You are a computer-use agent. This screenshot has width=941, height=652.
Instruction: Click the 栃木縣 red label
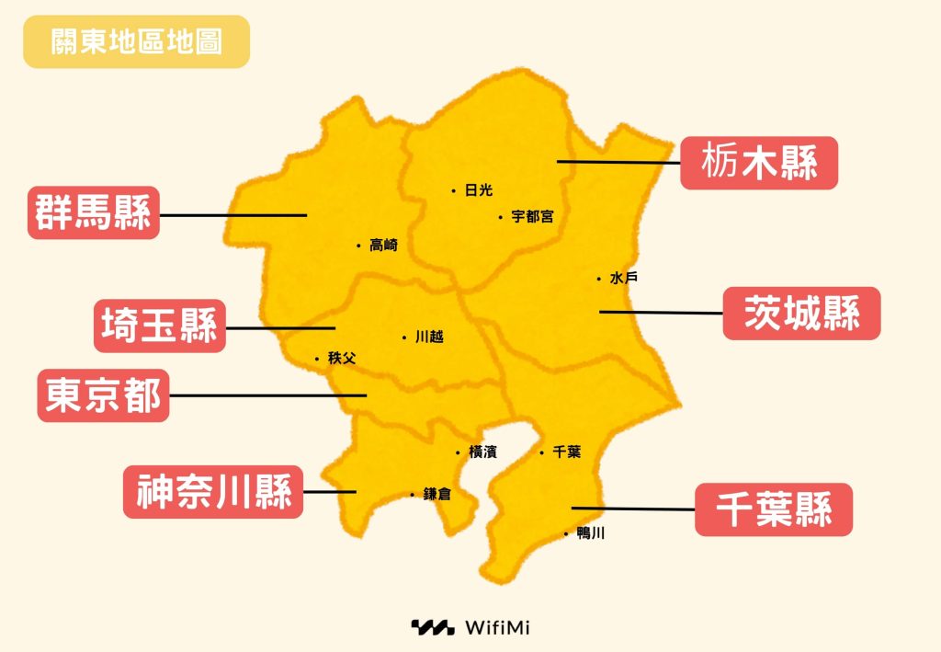click(x=758, y=163)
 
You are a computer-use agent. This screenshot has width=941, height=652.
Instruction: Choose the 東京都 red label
click(x=103, y=395)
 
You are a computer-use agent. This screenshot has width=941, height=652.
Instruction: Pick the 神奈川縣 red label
click(x=213, y=492)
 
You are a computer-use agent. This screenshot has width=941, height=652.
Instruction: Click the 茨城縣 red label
click(x=801, y=314)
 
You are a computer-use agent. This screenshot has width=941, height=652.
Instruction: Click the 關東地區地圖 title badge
click(x=136, y=41)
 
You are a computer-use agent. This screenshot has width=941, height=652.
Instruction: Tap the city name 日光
click(x=479, y=190)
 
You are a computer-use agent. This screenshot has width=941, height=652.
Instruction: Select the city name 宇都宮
click(x=532, y=217)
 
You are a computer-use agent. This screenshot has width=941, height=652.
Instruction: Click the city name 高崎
click(x=383, y=246)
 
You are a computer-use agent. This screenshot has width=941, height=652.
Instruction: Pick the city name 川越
click(x=429, y=337)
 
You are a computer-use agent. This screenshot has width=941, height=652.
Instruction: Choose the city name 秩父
click(x=341, y=359)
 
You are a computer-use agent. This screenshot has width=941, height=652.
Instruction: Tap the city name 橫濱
click(x=483, y=452)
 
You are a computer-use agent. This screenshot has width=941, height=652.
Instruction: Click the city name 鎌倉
click(x=437, y=495)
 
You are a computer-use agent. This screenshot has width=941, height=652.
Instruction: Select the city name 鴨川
click(x=590, y=533)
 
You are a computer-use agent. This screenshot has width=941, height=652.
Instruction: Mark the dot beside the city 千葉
click(x=542, y=452)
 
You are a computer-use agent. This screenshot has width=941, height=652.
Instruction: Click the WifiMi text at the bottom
click(x=497, y=628)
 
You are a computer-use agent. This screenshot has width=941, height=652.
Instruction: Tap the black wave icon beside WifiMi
click(x=432, y=628)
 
